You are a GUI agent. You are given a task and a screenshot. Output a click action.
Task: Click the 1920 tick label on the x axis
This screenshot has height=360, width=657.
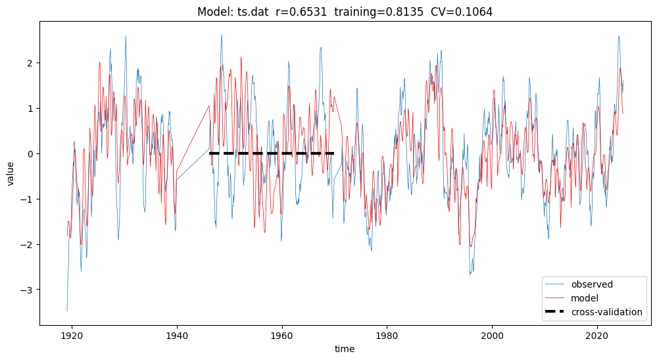(72, 335)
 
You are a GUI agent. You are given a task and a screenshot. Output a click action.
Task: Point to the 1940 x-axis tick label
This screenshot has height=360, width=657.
(177, 335)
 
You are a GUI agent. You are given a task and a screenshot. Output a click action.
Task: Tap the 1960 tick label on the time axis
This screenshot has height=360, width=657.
(282, 335)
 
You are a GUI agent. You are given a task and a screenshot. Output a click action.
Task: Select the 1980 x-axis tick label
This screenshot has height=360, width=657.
(387, 335)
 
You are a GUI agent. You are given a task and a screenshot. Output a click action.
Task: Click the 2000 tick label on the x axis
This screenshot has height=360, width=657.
(492, 335)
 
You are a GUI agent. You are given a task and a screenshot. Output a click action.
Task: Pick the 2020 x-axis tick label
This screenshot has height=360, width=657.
(596, 335)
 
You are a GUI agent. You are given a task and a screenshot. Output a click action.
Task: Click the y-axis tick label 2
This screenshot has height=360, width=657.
(30, 63)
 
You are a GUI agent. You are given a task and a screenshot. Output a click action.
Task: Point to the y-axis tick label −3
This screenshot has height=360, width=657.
(28, 290)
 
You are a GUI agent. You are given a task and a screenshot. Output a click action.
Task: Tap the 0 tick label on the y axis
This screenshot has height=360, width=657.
(30, 154)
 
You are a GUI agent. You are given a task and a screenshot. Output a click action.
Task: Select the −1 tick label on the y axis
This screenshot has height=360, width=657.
(28, 199)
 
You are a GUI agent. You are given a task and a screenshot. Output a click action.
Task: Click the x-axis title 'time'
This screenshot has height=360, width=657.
(344, 349)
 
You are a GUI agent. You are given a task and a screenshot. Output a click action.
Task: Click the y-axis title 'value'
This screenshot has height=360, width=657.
(11, 172)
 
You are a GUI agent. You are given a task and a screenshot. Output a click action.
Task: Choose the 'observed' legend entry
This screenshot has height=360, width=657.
(592, 285)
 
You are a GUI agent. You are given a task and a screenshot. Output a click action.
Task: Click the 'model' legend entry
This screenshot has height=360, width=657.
(585, 298)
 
